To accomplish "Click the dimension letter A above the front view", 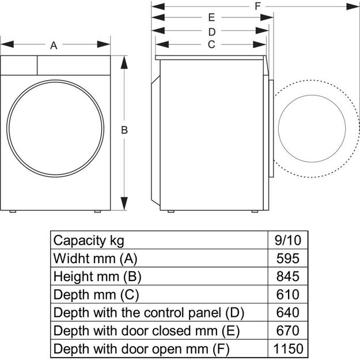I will click(x=54, y=46).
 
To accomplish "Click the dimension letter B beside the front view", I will click(x=124, y=131).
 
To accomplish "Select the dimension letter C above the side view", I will click(x=211, y=44).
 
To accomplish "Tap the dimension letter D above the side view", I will click(x=211, y=31).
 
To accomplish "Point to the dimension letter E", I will click(x=211, y=17).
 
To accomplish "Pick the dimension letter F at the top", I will click(x=257, y=6).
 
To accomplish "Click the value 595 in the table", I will click(x=287, y=257).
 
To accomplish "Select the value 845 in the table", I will click(x=287, y=276).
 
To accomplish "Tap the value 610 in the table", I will click(x=287, y=294).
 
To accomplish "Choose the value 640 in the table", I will click(x=287, y=313).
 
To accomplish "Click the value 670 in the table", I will click(x=287, y=331).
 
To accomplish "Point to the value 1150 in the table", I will click(x=287, y=349).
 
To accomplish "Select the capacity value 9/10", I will click(x=287, y=240).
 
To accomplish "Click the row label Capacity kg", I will click(x=88, y=240).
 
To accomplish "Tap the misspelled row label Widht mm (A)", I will click(x=95, y=257).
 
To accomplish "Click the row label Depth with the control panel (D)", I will click(x=149, y=313).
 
